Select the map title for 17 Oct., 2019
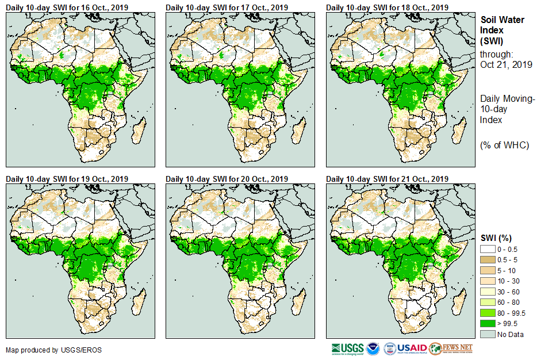click(x=226, y=7)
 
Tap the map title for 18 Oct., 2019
click(x=386, y=7)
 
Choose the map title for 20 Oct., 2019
click(x=226, y=179)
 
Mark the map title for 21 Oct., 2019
click(x=386, y=179)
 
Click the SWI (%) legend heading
click(x=496, y=238)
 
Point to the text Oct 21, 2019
click(x=506, y=64)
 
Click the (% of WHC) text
click(x=504, y=145)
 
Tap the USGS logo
click(x=348, y=348)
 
